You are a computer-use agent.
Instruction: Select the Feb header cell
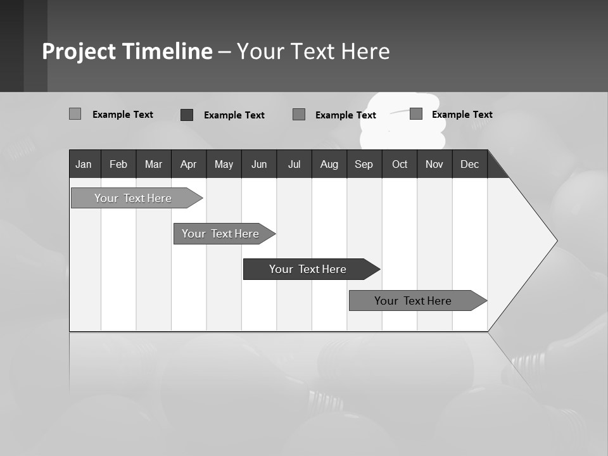pyautogui.click(x=118, y=164)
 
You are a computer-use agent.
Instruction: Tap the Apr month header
pyautogui.click(x=189, y=164)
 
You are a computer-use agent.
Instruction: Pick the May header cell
pyautogui.click(x=224, y=164)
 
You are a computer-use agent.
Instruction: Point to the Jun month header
pyautogui.click(x=259, y=164)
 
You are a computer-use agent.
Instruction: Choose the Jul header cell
pyautogui.click(x=294, y=164)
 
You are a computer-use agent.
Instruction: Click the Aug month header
pyautogui.click(x=329, y=164)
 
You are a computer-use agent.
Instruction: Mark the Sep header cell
pyautogui.click(x=364, y=164)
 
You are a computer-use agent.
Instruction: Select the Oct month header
pyautogui.click(x=400, y=164)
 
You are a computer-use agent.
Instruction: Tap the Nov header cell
pyautogui.click(x=434, y=164)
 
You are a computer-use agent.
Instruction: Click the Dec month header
pyautogui.click(x=470, y=164)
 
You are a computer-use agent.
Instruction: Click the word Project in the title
pyautogui.click(x=79, y=51)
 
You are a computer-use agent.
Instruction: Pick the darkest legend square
pyautogui.click(x=187, y=115)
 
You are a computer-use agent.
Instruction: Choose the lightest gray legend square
pyautogui.click(x=75, y=114)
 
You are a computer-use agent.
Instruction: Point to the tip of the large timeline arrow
pyautogui.click(x=555, y=241)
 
